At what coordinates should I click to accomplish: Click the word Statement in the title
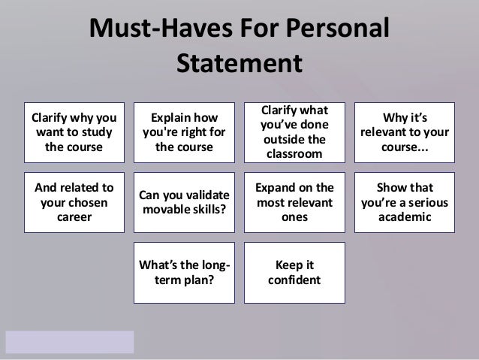(x=239, y=63)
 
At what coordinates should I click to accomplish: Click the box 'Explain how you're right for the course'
(x=184, y=132)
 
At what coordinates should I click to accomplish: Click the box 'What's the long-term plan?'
(x=184, y=272)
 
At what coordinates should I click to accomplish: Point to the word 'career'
(x=76, y=218)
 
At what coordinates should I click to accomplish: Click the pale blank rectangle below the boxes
(x=69, y=341)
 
